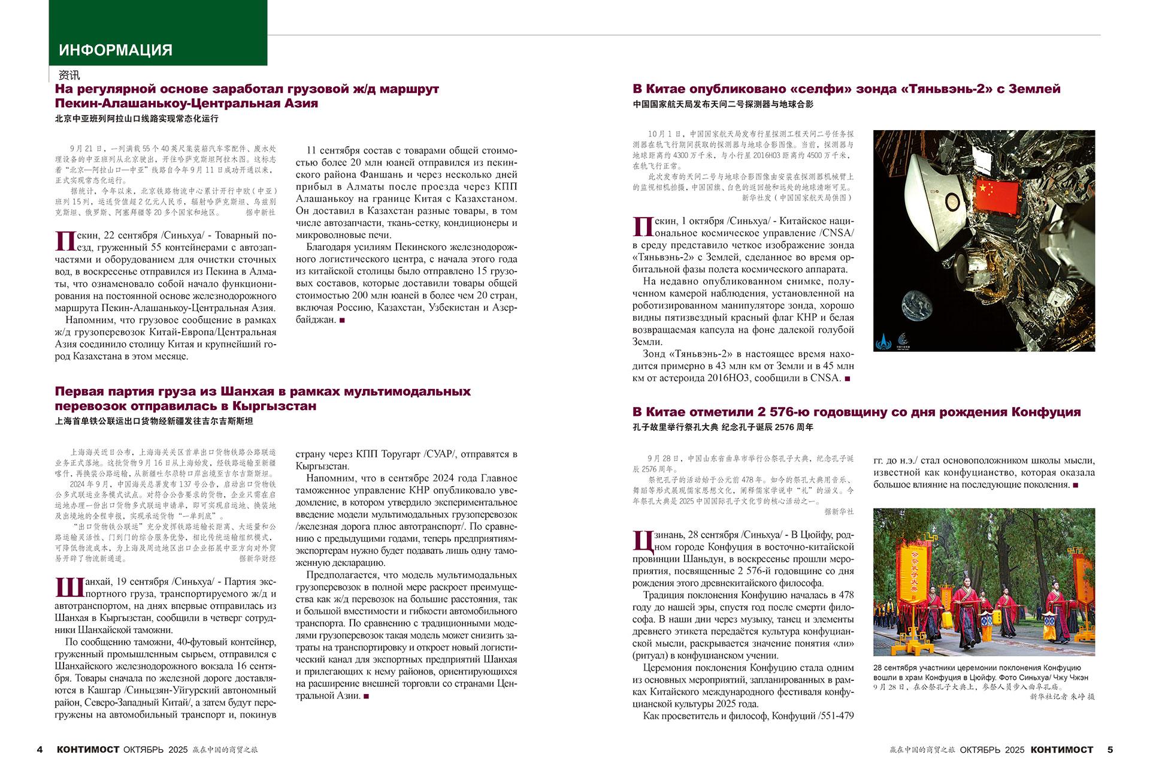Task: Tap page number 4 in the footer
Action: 40,749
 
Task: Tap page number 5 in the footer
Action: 1110,749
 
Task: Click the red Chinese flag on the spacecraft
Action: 997,194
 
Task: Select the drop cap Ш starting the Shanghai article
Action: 69,587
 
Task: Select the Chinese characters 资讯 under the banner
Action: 69,76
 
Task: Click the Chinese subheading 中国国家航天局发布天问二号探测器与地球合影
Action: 723,104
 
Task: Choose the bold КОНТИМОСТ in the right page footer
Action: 1062,749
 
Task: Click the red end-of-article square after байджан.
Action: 342,320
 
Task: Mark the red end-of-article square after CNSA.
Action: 847,378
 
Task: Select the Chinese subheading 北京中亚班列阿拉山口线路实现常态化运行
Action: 137,119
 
